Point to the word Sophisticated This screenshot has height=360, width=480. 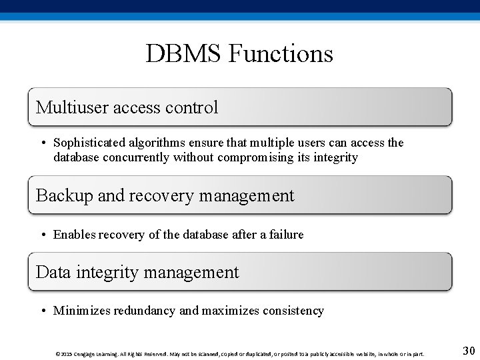coord(87,143)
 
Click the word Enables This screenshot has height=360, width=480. coord(73,235)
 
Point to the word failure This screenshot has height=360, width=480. coord(286,235)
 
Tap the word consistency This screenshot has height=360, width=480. coord(293,311)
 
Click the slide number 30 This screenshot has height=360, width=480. coord(468,351)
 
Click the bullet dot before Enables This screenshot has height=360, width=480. coord(42,235)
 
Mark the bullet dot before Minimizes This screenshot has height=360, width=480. coord(42,311)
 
